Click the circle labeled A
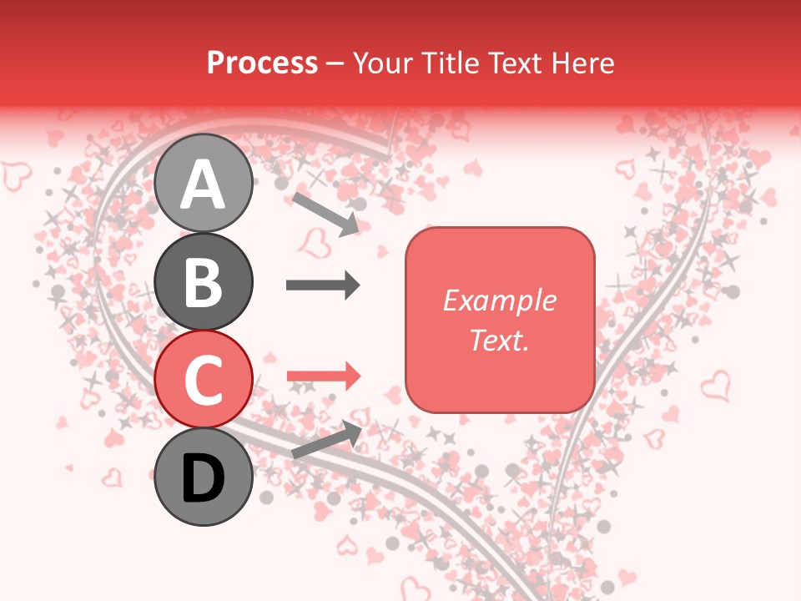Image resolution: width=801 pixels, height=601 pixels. [x=203, y=183]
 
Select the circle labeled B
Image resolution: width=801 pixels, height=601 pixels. [x=203, y=281]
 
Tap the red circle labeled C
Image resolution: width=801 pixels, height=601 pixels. [x=203, y=379]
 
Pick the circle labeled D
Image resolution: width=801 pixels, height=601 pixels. [x=203, y=477]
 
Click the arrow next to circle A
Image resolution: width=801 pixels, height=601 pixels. [x=325, y=214]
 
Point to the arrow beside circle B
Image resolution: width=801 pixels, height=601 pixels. [x=323, y=285]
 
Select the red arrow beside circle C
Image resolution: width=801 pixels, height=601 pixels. [x=323, y=376]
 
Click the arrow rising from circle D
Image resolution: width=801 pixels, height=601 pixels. [x=326, y=440]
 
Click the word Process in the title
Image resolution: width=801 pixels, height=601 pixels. [x=262, y=63]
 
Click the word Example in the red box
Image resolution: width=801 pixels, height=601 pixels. [x=499, y=300]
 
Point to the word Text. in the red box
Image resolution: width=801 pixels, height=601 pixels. [x=499, y=340]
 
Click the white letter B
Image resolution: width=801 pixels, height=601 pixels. [x=203, y=281]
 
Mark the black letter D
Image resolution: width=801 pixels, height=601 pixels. [x=203, y=478]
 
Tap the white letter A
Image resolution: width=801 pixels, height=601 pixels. [x=203, y=184]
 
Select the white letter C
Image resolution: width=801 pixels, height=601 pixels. [x=203, y=380]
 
